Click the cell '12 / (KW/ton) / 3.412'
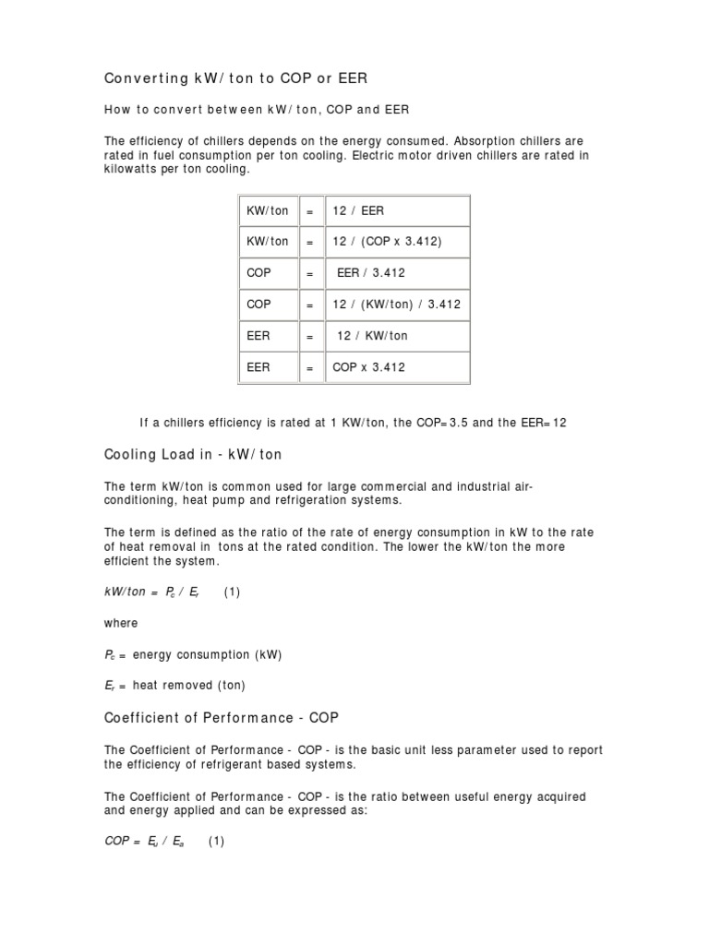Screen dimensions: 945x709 (x=396, y=305)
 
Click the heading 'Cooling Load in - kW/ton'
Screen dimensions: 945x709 (x=193, y=455)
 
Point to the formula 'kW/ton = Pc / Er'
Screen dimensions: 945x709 (x=151, y=592)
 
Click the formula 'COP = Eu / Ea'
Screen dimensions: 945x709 (x=145, y=841)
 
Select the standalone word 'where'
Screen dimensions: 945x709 (x=119, y=623)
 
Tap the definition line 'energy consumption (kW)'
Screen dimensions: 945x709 (x=207, y=654)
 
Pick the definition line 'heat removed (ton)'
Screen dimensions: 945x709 (x=188, y=686)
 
